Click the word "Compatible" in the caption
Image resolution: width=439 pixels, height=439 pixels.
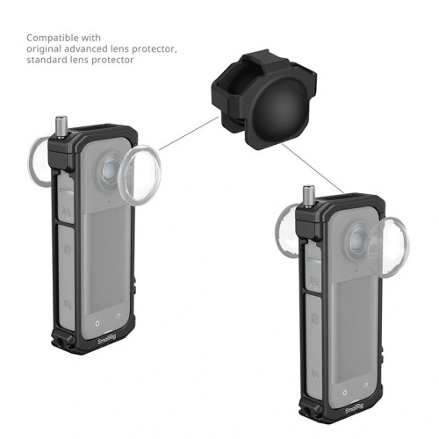pyautogui.click(x=50, y=39)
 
